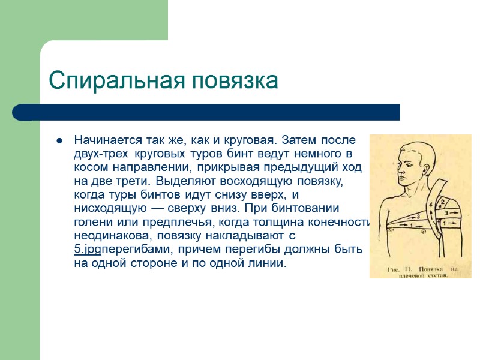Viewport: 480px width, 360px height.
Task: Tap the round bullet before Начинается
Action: click(60, 141)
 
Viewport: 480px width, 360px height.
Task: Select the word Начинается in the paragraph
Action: click(107, 140)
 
